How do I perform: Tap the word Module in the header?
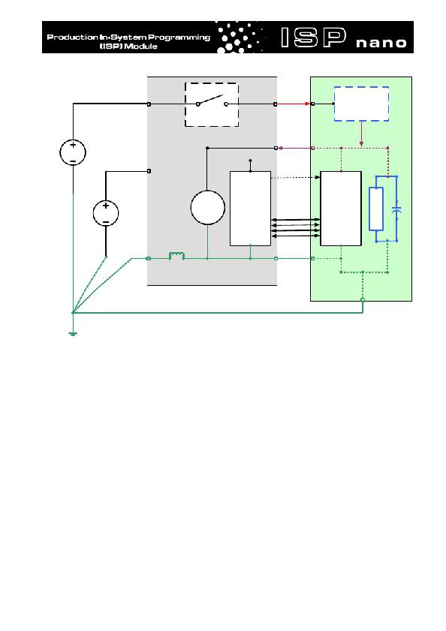click(x=140, y=47)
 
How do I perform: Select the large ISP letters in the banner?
click(x=313, y=38)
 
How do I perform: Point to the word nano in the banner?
click(x=381, y=43)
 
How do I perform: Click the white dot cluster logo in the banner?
click(x=240, y=37)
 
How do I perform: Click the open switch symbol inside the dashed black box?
click(x=212, y=101)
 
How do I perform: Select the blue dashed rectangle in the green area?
click(x=361, y=104)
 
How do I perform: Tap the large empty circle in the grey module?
click(x=207, y=208)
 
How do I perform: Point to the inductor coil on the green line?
click(x=176, y=256)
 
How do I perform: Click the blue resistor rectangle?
click(x=376, y=209)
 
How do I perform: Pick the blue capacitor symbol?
click(x=397, y=209)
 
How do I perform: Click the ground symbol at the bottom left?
click(x=73, y=334)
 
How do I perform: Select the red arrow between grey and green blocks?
click(x=293, y=104)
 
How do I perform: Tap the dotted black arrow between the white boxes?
click(x=295, y=178)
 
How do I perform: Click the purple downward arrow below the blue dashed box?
click(x=361, y=134)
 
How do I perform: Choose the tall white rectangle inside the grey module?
click(x=250, y=209)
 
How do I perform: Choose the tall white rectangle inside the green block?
click(x=341, y=209)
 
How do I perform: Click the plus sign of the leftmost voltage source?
click(x=73, y=145)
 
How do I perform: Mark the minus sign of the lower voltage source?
click(x=106, y=222)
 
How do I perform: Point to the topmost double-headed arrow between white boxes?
click(x=296, y=220)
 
